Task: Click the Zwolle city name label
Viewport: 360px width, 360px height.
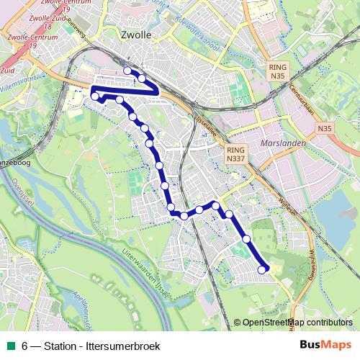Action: tap(136, 34)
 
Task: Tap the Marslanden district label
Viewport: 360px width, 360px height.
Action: tap(286, 143)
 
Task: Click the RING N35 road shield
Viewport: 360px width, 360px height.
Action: tap(277, 71)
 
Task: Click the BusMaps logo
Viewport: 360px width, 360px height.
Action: tap(325, 346)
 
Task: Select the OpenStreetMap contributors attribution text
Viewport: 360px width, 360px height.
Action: tap(297, 323)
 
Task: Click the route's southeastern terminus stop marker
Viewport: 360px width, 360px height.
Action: tap(262, 269)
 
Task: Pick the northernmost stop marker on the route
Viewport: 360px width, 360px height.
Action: tap(128, 71)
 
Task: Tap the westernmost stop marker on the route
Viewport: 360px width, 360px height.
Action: tap(94, 96)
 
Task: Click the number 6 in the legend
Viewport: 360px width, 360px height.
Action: tap(24, 346)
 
